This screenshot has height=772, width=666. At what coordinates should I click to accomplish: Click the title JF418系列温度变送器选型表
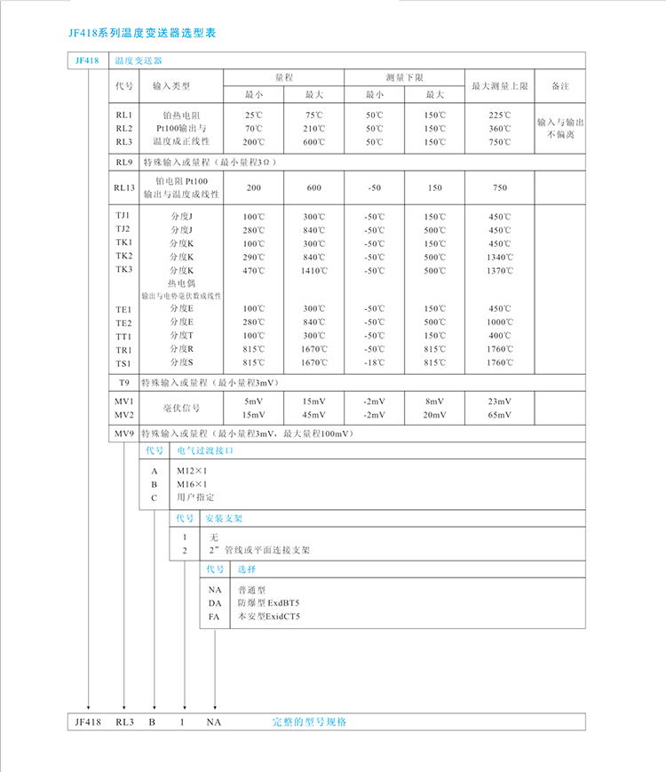pyautogui.click(x=141, y=33)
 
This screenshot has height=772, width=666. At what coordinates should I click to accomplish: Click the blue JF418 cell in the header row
pyautogui.click(x=87, y=60)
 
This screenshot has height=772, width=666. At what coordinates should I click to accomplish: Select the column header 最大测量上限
pyautogui.click(x=500, y=86)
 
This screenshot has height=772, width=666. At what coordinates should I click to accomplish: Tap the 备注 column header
pyautogui.click(x=559, y=86)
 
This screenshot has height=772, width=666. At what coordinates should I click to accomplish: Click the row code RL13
pyautogui.click(x=123, y=187)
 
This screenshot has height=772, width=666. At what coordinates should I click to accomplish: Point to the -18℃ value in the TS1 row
pyautogui.click(x=374, y=363)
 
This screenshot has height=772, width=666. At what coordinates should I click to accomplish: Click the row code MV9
pyautogui.click(x=123, y=434)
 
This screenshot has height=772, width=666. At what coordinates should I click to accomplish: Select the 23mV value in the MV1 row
pyautogui.click(x=500, y=402)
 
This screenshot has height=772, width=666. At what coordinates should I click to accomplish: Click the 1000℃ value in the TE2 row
pyautogui.click(x=500, y=322)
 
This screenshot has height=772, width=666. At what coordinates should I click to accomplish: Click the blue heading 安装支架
pyautogui.click(x=224, y=517)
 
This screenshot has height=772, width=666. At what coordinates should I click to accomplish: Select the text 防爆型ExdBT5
pyautogui.click(x=268, y=602)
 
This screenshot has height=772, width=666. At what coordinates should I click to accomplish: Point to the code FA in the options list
pyautogui.click(x=214, y=616)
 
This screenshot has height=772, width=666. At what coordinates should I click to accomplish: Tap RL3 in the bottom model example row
pyautogui.click(x=123, y=722)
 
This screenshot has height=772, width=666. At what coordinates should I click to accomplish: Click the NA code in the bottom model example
pyautogui.click(x=214, y=722)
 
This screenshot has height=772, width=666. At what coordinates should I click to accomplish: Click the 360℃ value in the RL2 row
pyautogui.click(x=500, y=129)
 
